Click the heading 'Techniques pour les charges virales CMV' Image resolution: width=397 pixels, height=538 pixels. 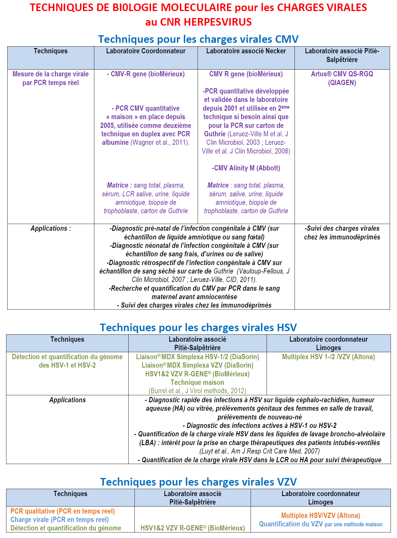pyautogui.click(x=198, y=39)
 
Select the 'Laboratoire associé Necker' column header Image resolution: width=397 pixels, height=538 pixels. pyautogui.click(x=246, y=51)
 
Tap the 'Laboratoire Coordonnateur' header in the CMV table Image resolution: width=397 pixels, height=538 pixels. pyautogui.click(x=146, y=51)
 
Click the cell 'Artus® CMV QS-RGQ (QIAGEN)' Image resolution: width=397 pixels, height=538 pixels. pyautogui.click(x=342, y=78)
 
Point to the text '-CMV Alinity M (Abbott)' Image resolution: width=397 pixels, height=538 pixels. pyautogui.click(x=246, y=168)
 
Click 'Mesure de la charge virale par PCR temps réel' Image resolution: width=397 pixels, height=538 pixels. pyautogui.click(x=51, y=78)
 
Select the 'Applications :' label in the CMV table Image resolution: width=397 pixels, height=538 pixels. pyautogui.click(x=51, y=228)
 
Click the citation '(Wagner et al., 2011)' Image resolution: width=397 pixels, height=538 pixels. pyautogui.click(x=160, y=142)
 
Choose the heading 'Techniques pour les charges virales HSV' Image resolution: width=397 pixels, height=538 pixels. pyautogui.click(x=198, y=327)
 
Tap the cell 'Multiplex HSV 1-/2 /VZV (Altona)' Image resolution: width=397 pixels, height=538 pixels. pyautogui.click(x=328, y=357)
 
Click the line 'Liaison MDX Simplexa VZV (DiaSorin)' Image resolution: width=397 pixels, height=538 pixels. pyautogui.click(x=197, y=365)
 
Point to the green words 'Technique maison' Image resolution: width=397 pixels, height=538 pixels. pyautogui.click(x=197, y=382)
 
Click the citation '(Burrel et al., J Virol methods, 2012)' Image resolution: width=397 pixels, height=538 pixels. pyautogui.click(x=197, y=391)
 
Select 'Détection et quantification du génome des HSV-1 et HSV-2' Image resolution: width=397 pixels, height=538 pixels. pyautogui.click(x=67, y=361)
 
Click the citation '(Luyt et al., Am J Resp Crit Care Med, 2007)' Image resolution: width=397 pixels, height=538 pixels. pyautogui.click(x=259, y=451)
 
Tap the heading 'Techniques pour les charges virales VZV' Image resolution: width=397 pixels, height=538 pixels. pyautogui.click(x=198, y=482)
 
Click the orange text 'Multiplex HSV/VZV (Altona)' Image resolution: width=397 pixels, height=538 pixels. pyautogui.click(x=320, y=516)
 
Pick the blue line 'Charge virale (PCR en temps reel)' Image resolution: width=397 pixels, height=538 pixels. pyautogui.click(x=59, y=520)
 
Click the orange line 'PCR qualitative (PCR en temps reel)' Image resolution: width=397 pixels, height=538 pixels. pyautogui.click(x=63, y=511)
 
